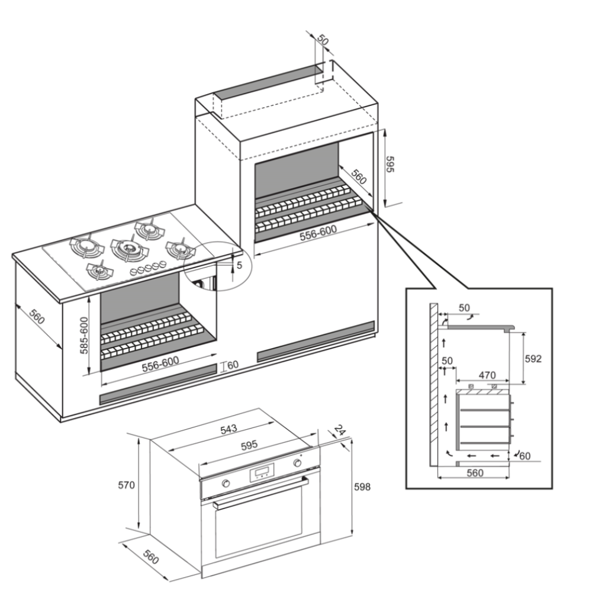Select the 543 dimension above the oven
[x=229, y=428]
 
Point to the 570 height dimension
[x=127, y=485]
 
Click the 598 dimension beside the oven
[x=362, y=487]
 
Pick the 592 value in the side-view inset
[x=533, y=359]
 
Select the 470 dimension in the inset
[x=487, y=375]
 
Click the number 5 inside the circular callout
[x=239, y=265]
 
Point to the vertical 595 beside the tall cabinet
[x=390, y=164]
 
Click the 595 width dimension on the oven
[x=250, y=445]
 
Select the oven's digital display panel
[x=262, y=472]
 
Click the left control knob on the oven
[x=226, y=484]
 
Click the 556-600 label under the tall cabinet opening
[x=318, y=234]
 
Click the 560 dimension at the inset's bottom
[x=475, y=472]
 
